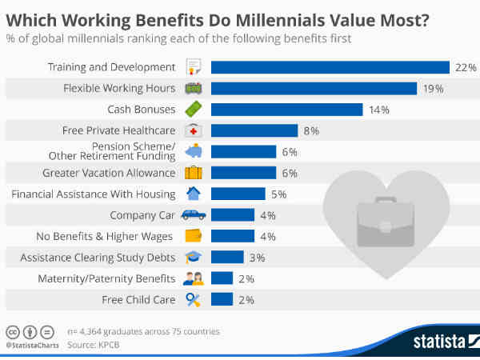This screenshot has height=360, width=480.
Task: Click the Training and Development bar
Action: (x=330, y=67)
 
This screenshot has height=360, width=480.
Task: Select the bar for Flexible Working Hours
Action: (x=314, y=88)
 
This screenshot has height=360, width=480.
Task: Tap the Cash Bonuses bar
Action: (x=287, y=110)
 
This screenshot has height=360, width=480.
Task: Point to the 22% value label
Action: (x=466, y=68)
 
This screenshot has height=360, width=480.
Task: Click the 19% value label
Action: (x=434, y=89)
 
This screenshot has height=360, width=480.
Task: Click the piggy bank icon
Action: (x=194, y=151)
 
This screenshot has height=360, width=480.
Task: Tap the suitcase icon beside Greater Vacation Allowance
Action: (x=194, y=172)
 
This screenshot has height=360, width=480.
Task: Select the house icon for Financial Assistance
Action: (x=193, y=193)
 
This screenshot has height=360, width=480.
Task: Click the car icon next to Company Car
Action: (x=194, y=214)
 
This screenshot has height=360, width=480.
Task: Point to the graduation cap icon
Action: (x=194, y=257)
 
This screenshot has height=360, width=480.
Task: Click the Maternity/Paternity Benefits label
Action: (x=106, y=278)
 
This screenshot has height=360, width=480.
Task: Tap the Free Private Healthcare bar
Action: (x=254, y=130)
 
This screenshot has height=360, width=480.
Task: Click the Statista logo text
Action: (x=439, y=342)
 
